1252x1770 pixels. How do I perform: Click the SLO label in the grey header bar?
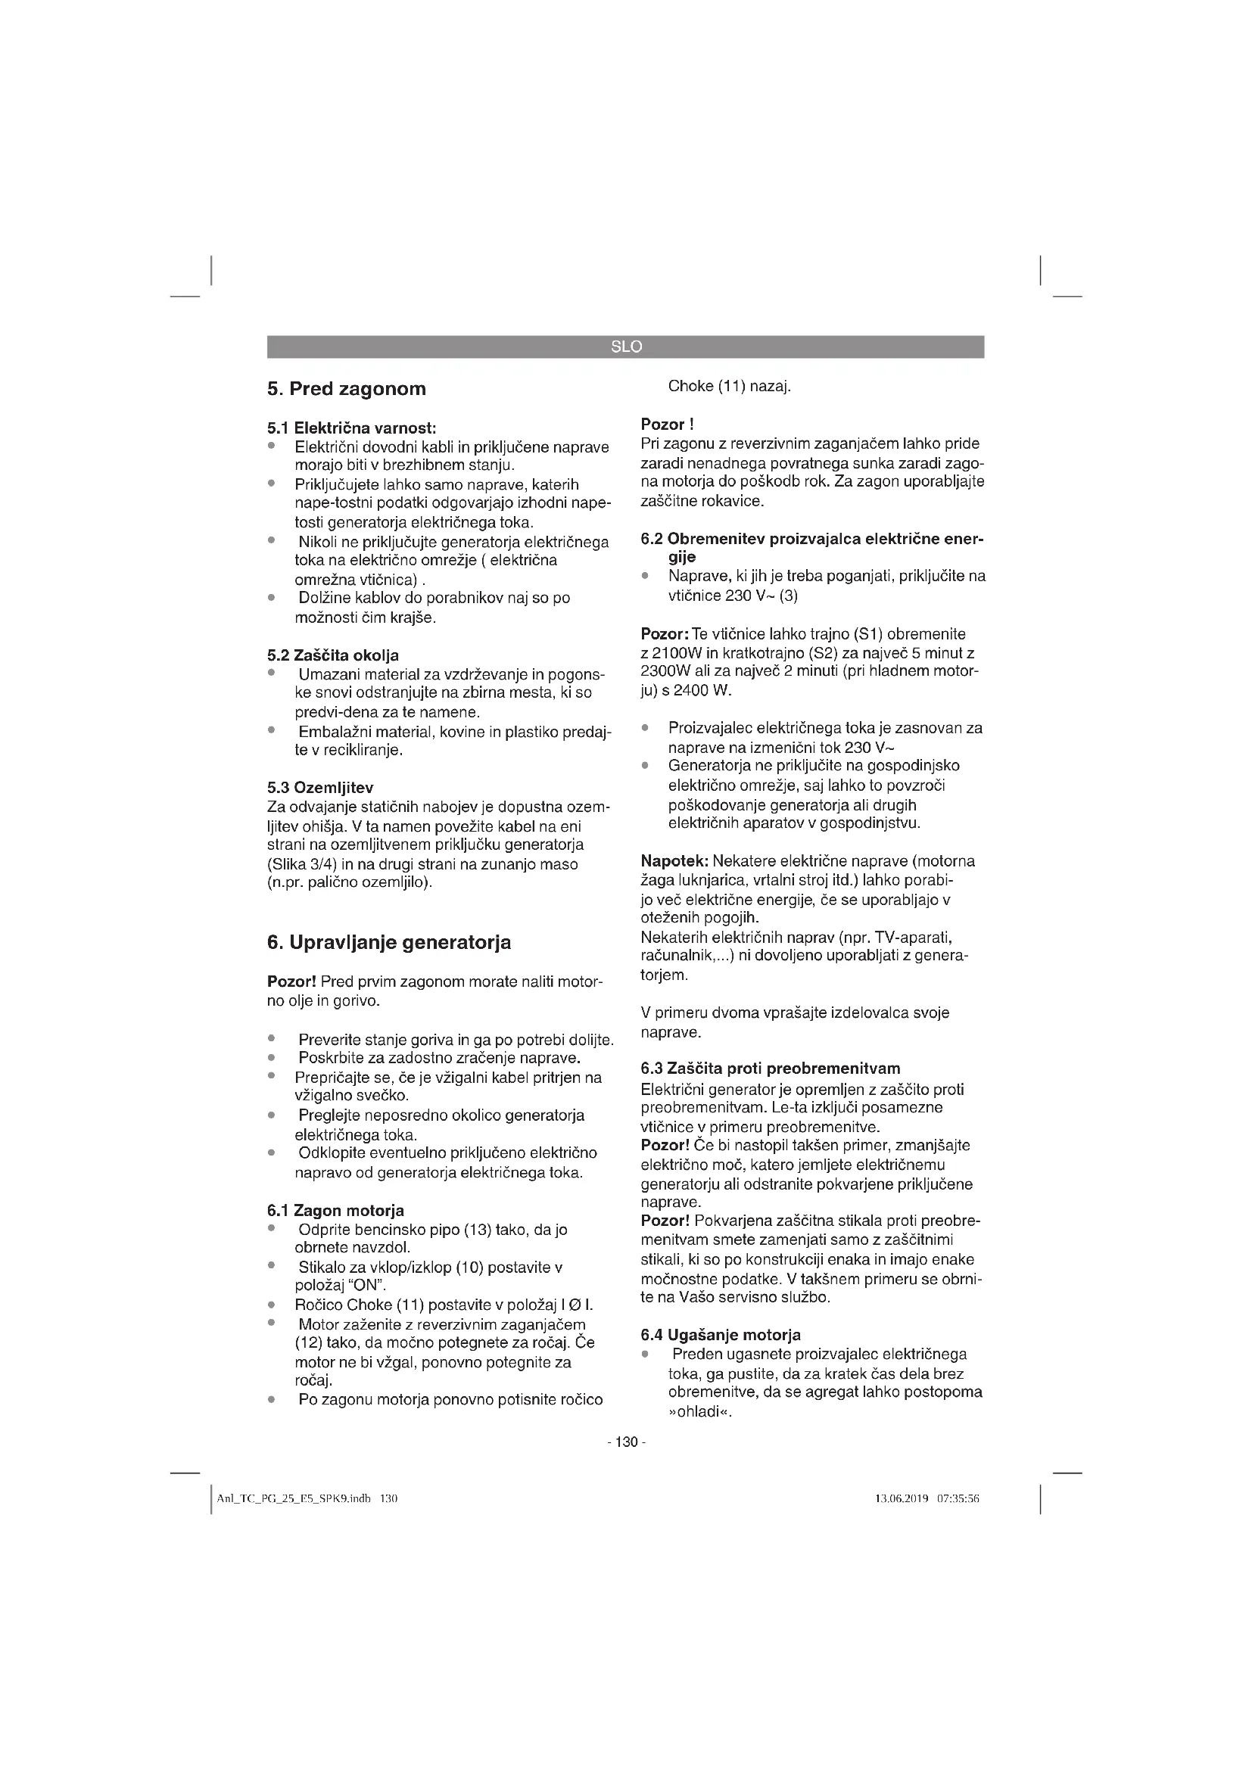point(625,347)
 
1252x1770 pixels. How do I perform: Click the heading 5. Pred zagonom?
point(346,388)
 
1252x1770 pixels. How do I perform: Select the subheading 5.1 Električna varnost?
point(351,428)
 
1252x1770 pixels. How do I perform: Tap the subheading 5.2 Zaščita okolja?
point(333,655)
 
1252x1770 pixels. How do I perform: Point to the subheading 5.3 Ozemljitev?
point(320,787)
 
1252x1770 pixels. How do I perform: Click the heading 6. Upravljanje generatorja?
point(388,942)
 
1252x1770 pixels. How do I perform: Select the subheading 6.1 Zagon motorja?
point(335,1210)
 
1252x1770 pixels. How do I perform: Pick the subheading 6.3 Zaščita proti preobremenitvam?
point(770,1069)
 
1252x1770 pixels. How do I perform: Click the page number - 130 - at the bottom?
point(626,1442)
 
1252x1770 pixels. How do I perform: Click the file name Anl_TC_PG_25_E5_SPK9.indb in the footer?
point(294,1498)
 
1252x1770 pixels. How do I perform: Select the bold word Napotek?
point(674,860)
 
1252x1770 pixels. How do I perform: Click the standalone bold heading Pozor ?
point(667,424)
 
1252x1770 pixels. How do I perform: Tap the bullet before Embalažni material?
point(272,729)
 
